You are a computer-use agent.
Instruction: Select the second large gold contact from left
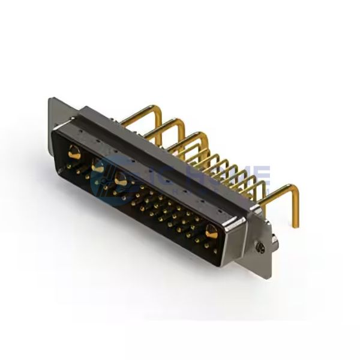[97, 166]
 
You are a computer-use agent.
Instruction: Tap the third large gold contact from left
[120, 178]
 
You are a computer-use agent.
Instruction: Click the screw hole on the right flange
[259, 245]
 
